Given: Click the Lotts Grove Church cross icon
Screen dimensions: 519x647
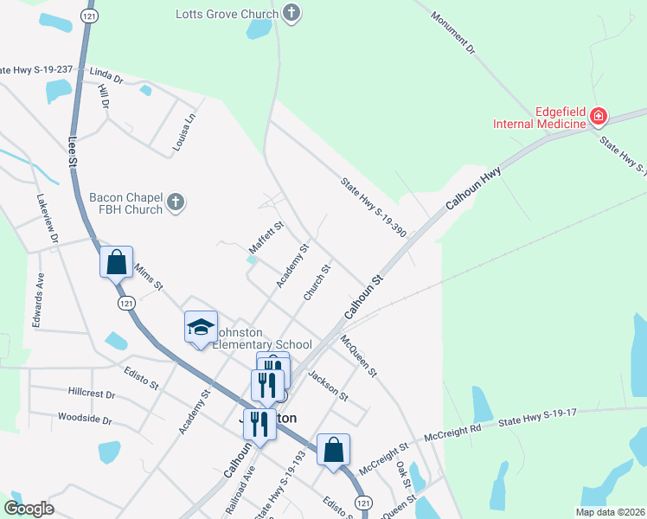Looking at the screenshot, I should click(x=292, y=13).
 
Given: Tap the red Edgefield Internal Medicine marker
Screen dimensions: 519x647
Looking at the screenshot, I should click(x=598, y=117).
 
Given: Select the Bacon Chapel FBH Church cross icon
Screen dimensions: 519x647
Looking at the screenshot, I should click(x=175, y=203).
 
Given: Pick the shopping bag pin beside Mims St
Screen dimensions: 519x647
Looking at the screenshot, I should click(x=116, y=261).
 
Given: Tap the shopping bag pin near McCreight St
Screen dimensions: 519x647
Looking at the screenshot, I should click(x=334, y=449).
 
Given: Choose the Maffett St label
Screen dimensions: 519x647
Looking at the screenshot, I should click(x=266, y=234).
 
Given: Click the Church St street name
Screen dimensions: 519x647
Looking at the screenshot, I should click(x=317, y=283).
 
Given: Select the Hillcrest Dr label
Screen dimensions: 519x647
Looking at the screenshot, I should click(x=91, y=393).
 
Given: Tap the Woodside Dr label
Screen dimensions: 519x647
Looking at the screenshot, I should click(x=85, y=420).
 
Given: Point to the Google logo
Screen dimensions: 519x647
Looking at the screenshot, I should click(x=29, y=509).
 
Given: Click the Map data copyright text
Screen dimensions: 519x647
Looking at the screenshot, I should click(x=609, y=512).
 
